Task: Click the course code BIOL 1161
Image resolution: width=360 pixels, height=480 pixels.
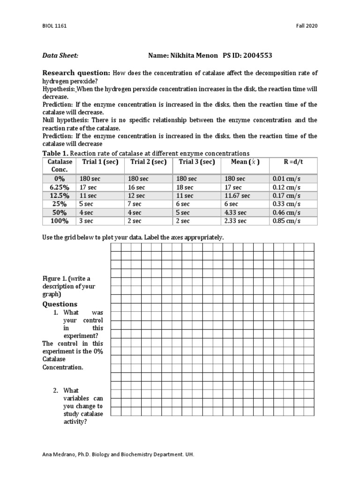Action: [x=54, y=26]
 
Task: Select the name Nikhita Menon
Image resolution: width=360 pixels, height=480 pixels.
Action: [x=192, y=55]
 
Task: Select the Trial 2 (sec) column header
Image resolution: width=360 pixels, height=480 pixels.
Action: [x=148, y=162]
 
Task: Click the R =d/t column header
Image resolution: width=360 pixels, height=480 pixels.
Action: [x=293, y=162]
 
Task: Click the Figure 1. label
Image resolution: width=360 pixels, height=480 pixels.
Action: [x=54, y=278]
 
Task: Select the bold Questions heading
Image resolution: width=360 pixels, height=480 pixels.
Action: [x=60, y=304]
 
